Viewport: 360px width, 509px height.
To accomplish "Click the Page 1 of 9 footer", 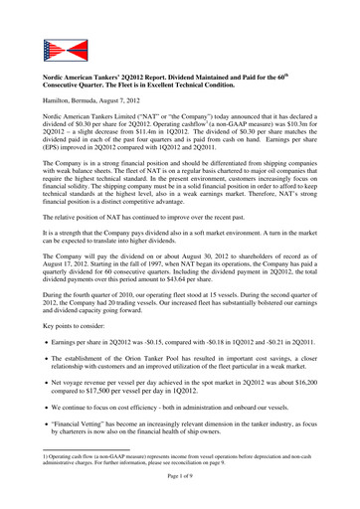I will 179,502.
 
